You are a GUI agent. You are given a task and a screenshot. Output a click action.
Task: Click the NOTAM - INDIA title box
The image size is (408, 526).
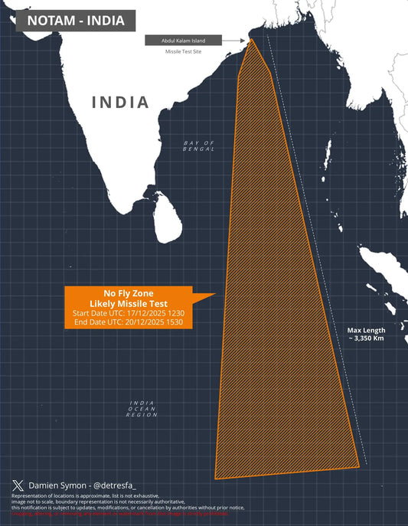coord(75,21)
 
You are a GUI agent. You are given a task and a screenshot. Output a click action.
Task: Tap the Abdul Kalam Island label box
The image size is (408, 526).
coord(183,40)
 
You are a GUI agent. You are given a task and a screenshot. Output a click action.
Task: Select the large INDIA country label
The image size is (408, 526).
coord(120,102)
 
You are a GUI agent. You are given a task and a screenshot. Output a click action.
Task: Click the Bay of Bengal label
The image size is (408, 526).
coord(199,145)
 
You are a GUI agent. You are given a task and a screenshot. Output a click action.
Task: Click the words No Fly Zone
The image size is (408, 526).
coord(128,292)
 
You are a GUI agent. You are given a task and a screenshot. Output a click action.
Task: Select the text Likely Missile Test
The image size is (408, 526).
coord(128,303)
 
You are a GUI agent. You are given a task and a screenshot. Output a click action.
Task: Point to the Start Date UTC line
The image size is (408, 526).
coord(128,314)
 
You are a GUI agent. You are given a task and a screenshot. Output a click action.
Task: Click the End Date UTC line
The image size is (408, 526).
coord(128,324)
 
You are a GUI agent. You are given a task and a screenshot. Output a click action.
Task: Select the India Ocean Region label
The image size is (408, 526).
coord(143,410)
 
